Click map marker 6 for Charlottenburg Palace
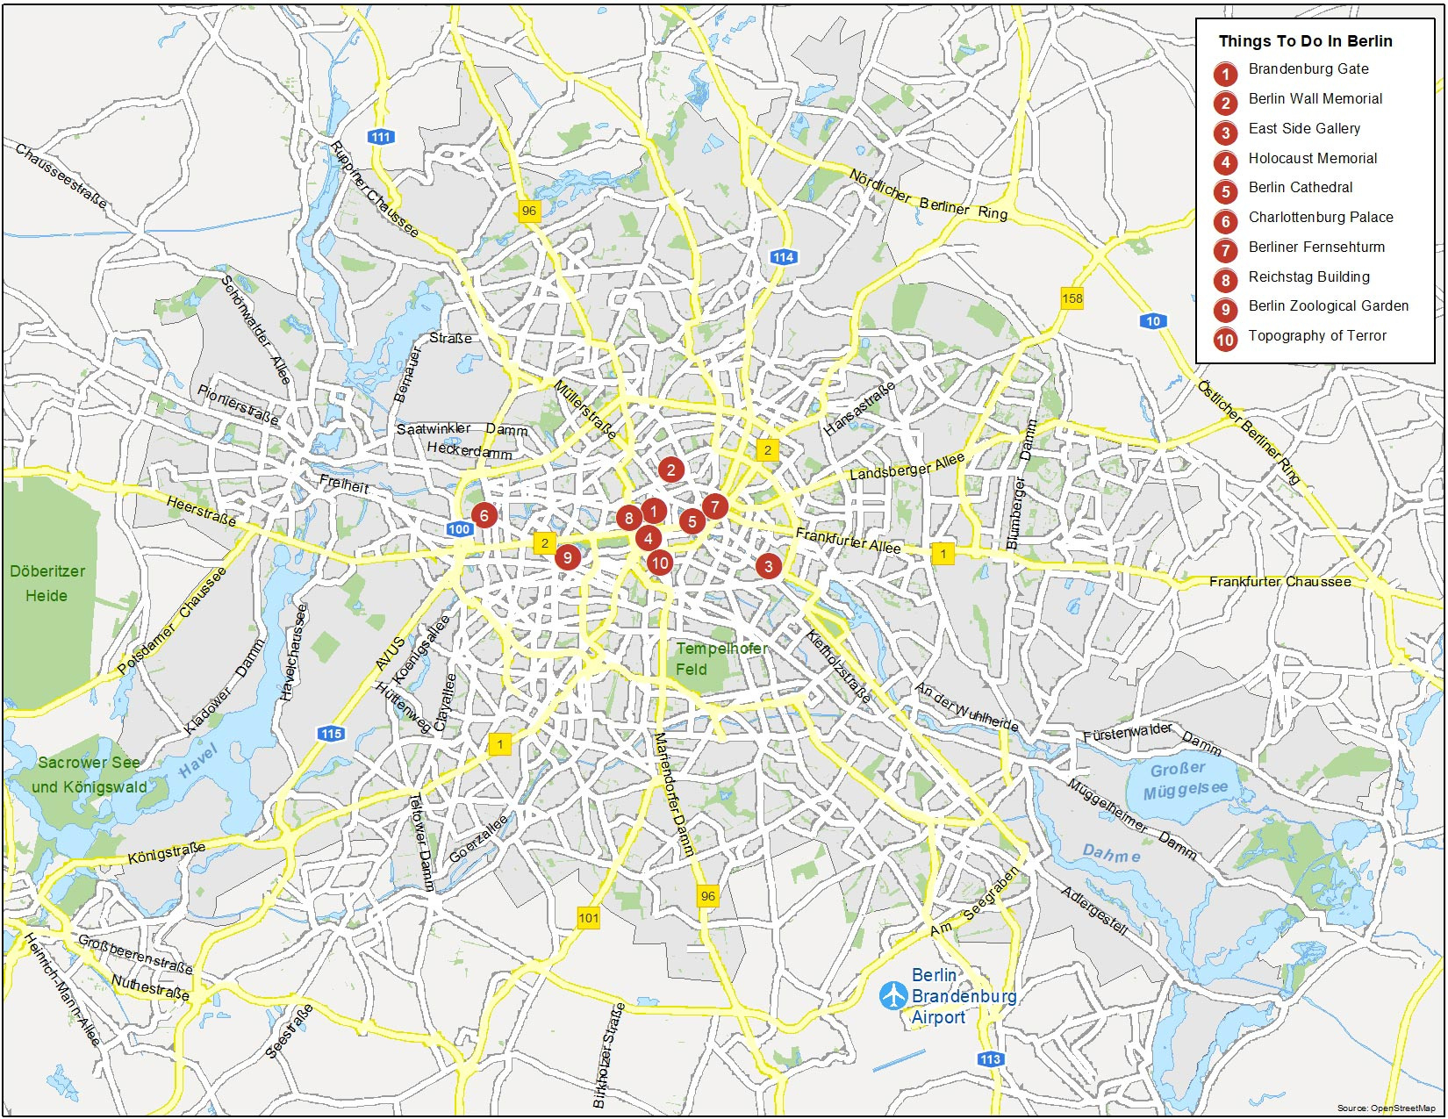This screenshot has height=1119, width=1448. pyautogui.click(x=484, y=515)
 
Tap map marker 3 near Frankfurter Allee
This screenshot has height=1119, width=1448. pyautogui.click(x=769, y=566)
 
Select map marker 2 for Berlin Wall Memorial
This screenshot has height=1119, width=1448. pyautogui.click(x=671, y=470)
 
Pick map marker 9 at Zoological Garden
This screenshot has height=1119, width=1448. pyautogui.click(x=568, y=557)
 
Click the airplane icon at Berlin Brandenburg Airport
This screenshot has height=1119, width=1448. pyautogui.click(x=893, y=995)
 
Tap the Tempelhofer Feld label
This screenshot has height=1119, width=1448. pyautogui.click(x=720, y=658)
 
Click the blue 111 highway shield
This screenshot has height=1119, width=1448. pyautogui.click(x=381, y=137)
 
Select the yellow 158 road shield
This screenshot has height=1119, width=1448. pyautogui.click(x=1072, y=298)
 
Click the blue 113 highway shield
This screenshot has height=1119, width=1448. pyautogui.click(x=991, y=1059)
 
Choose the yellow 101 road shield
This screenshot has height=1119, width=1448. pyautogui.click(x=589, y=918)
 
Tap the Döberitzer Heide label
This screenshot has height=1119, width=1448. pyautogui.click(x=47, y=584)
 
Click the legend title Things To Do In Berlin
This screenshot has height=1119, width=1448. pyautogui.click(x=1305, y=41)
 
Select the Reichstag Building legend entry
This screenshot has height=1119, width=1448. pyautogui.click(x=1308, y=277)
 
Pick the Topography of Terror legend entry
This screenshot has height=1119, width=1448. pyautogui.click(x=1316, y=336)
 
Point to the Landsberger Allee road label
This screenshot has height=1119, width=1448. pyautogui.click(x=907, y=466)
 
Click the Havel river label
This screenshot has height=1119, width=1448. pyautogui.click(x=197, y=760)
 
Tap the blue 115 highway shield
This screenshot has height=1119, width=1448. pyautogui.click(x=331, y=734)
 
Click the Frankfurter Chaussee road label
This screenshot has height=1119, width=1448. pyautogui.click(x=1280, y=582)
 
